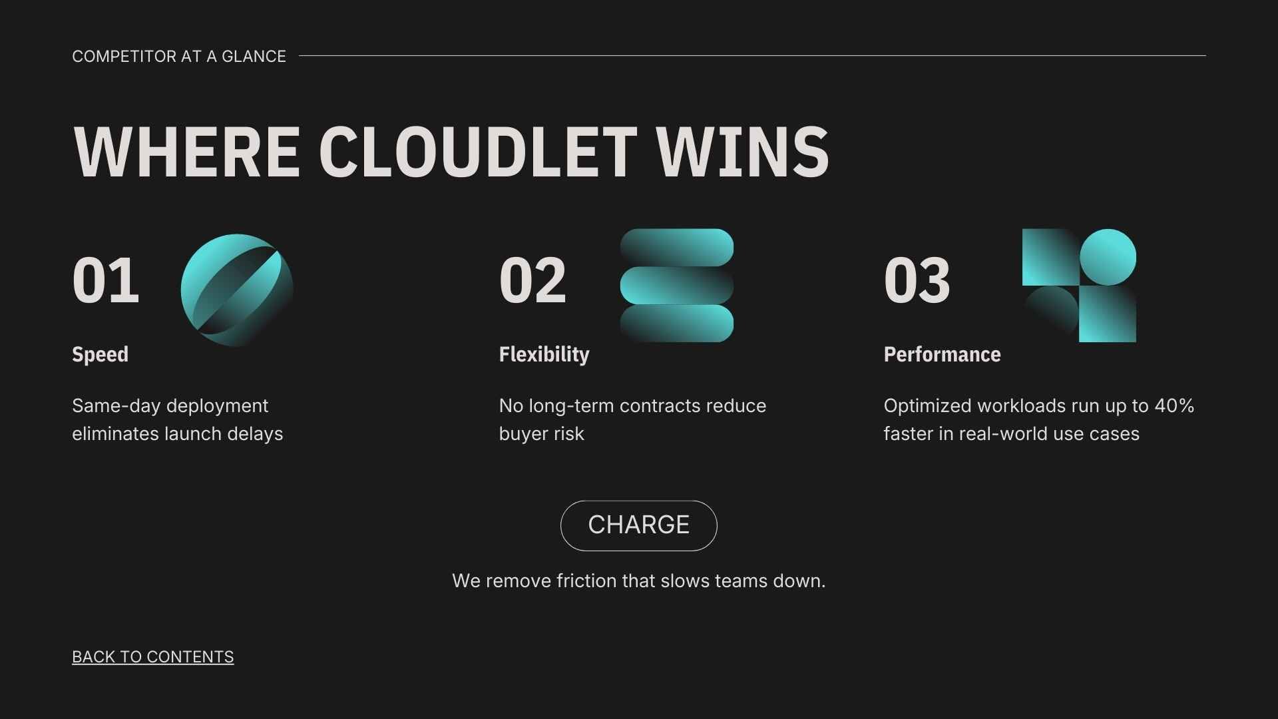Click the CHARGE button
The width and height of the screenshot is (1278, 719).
[x=638, y=525]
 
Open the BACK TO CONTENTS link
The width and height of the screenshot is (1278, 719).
[x=152, y=656]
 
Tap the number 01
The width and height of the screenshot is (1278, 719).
[x=106, y=280]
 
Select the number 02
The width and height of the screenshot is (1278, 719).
[x=532, y=280]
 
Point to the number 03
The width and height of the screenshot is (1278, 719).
[x=917, y=280]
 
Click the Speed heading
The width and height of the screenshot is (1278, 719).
[x=100, y=354]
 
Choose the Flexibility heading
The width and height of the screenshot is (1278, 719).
[x=544, y=354]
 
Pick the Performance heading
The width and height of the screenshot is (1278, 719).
[x=942, y=354]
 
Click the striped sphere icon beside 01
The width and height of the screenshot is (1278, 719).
[x=236, y=290]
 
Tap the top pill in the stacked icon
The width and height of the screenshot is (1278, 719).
[x=676, y=248]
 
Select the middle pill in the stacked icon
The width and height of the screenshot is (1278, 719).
[x=676, y=286]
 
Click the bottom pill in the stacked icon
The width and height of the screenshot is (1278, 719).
[x=676, y=324]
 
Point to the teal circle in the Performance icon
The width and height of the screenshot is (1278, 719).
[x=1108, y=257]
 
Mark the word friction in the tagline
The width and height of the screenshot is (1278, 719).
[x=586, y=581]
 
